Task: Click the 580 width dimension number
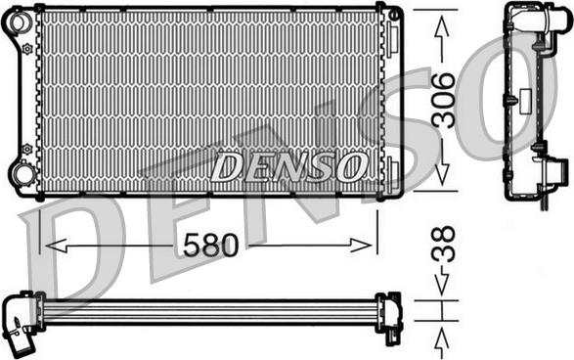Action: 210,245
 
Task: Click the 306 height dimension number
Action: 443,100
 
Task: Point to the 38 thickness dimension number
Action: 443,244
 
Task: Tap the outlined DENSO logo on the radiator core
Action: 288,166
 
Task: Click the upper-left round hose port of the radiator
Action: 19,22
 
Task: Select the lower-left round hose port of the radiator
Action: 22,174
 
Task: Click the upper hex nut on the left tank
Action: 27,49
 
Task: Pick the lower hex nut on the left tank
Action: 27,149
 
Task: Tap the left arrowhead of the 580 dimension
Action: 56,246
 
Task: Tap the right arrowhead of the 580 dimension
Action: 361,246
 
